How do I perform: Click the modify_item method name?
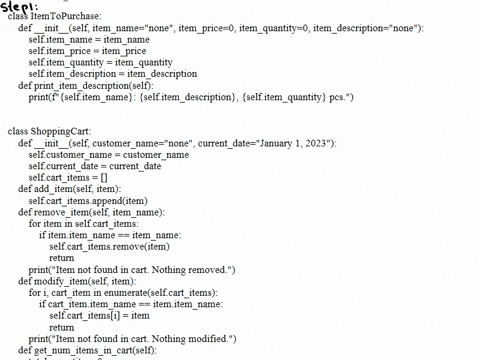point(65,281)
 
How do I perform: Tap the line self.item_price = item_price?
point(87,51)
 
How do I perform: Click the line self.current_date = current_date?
point(95,166)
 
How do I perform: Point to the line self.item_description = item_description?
point(112,74)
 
